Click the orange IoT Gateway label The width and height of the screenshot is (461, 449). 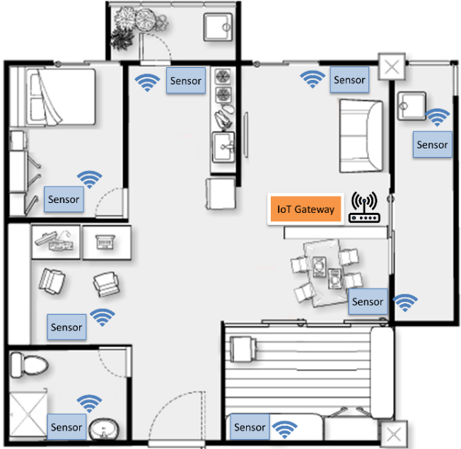tap(305, 209)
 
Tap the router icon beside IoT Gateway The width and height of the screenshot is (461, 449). tap(364, 207)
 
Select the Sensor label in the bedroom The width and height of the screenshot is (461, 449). tap(64, 199)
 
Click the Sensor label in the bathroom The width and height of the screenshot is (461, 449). tap(66, 426)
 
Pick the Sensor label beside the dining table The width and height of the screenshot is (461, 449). tap(368, 301)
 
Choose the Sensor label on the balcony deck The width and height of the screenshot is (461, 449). tap(250, 426)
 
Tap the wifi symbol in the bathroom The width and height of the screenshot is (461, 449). tap(89, 404)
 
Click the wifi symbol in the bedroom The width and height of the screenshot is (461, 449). tap(90, 179)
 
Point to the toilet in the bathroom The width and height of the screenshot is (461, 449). tap(30, 365)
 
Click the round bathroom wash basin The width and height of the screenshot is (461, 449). tap(104, 430)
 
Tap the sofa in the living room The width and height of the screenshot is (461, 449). tap(361, 136)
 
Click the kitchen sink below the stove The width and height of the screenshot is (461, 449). tap(223, 147)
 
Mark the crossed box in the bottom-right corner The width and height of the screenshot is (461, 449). tap(394, 434)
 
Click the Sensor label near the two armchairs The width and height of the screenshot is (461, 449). tap(66, 327)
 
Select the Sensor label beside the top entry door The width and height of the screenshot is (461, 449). tap(186, 81)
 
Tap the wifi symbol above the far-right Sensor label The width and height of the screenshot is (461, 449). tap(437, 117)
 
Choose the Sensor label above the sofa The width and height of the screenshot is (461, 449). tap(349, 80)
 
